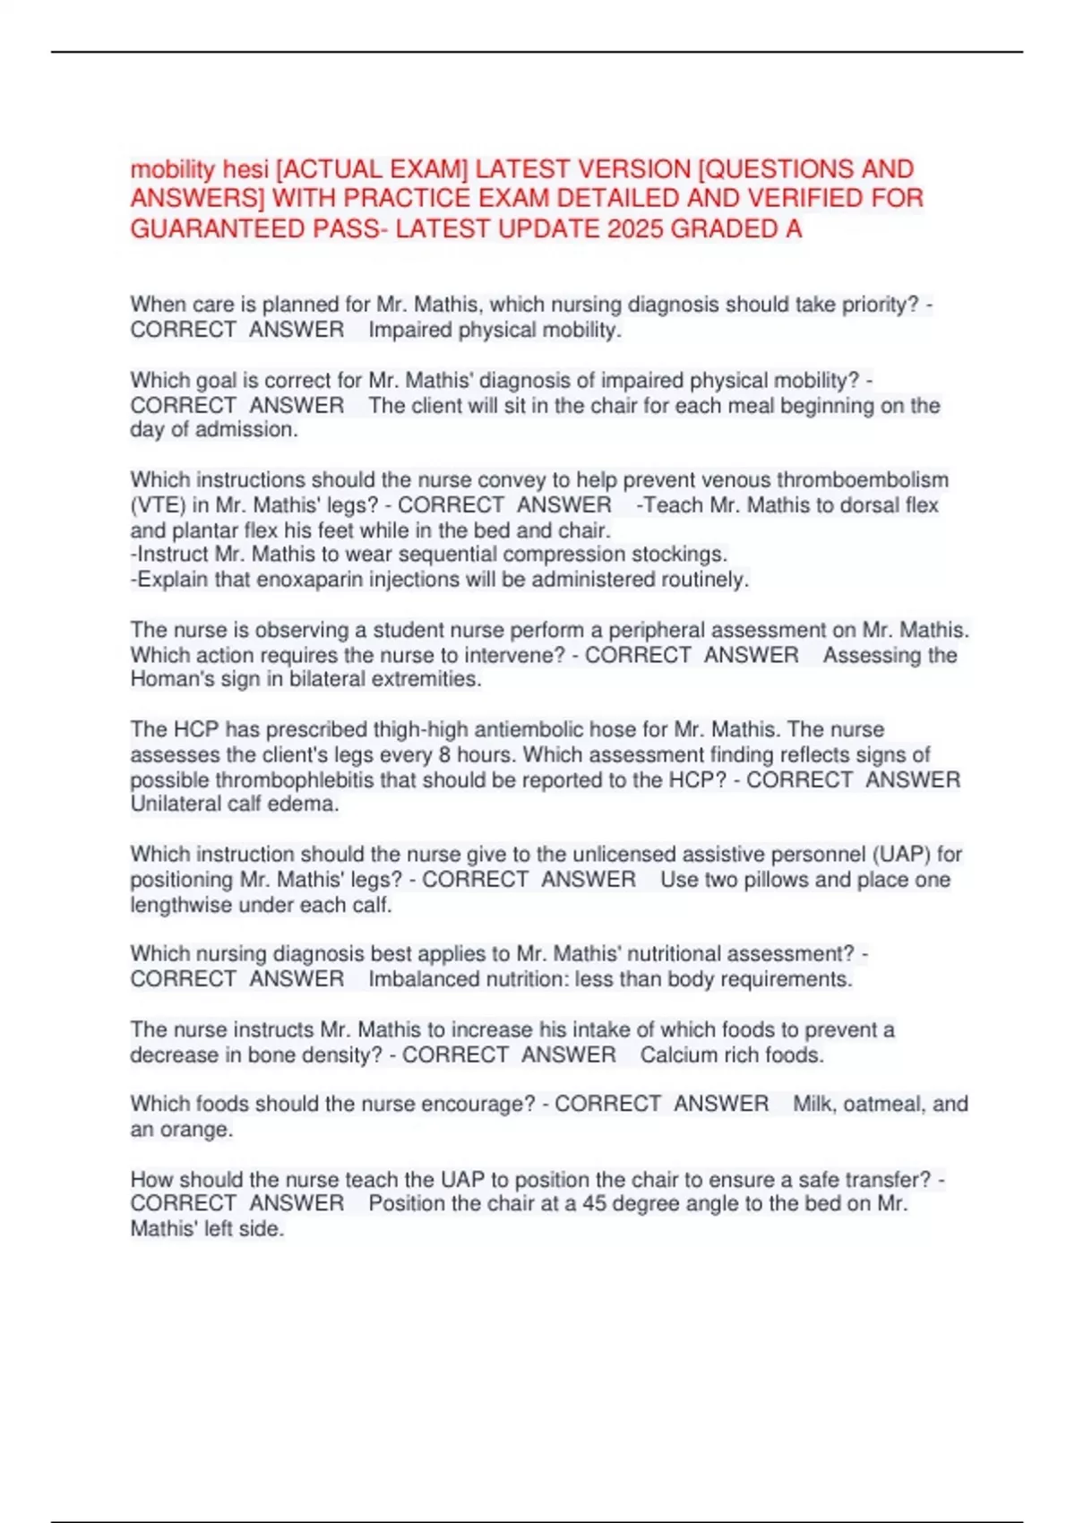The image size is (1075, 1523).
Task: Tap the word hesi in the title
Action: click(245, 169)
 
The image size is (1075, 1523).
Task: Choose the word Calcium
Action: click(678, 1054)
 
